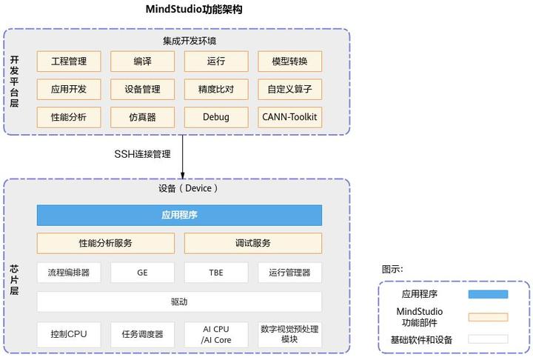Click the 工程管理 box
pos(69,61)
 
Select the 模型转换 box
pos(290,61)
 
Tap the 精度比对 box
pos(216,90)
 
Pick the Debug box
pos(216,117)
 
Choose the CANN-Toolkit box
pos(290,117)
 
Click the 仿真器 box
pos(142,117)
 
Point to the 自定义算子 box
pos(290,90)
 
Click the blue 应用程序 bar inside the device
pos(179,216)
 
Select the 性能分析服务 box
pos(106,243)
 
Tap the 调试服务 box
pos(253,243)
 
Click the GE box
pos(142,273)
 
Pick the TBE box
pos(216,273)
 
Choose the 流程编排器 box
pos(69,273)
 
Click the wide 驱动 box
pos(179,301)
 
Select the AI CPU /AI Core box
pos(216,334)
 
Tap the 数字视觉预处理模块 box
pos(290,334)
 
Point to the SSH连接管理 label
pos(142,155)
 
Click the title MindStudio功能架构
pos(194,10)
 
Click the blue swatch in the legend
pos(488,294)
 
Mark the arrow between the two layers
pos(182,156)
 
